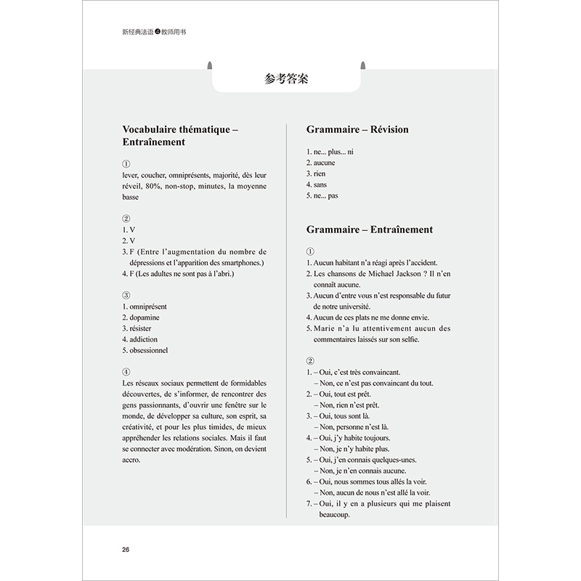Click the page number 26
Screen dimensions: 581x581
125,549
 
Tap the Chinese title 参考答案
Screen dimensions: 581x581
286,79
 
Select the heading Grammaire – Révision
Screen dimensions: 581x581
357,129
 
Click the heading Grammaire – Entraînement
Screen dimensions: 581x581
370,229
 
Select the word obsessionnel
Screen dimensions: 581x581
148,350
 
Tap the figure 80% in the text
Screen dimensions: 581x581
154,186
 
